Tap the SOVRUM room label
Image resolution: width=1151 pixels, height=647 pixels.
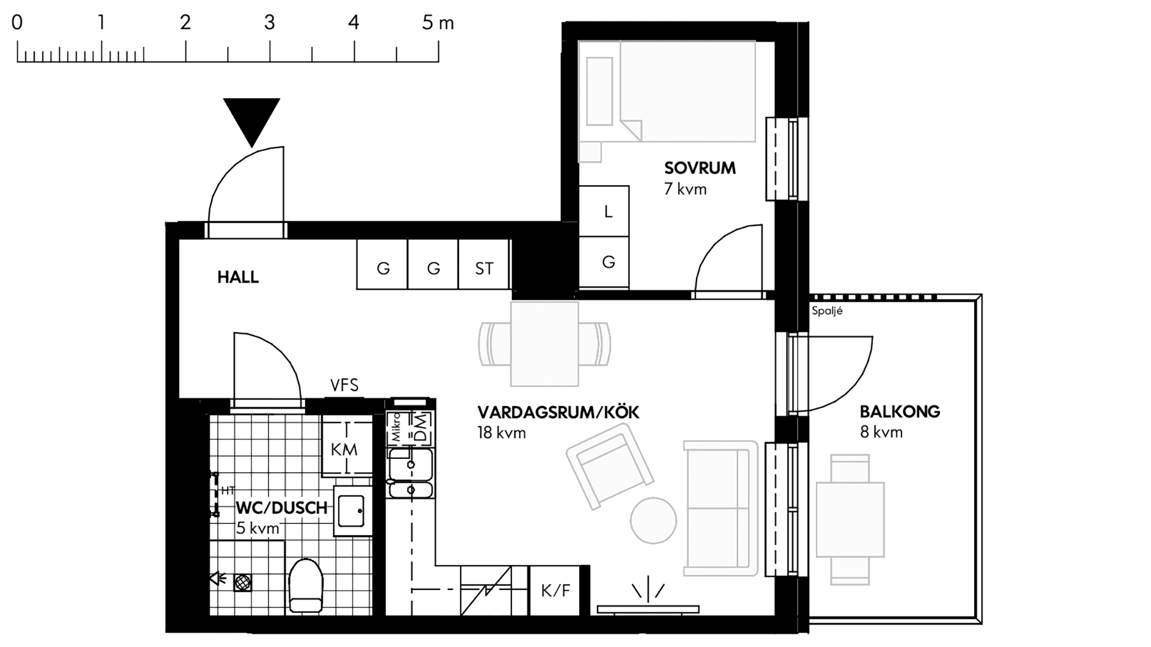pyautogui.click(x=700, y=168)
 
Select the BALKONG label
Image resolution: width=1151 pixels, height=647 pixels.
pyautogui.click(x=900, y=412)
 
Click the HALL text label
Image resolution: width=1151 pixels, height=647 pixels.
pyautogui.click(x=238, y=277)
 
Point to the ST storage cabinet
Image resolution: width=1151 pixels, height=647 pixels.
pyautogui.click(x=484, y=264)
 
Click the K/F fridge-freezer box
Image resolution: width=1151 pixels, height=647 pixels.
pyautogui.click(x=555, y=591)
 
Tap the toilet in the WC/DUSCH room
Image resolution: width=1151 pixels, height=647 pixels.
pyautogui.click(x=306, y=585)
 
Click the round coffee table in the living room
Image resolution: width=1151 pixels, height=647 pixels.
pyautogui.click(x=653, y=521)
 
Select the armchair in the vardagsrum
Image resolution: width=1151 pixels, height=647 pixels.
pyautogui.click(x=610, y=466)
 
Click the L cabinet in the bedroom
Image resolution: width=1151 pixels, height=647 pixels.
pyautogui.click(x=604, y=211)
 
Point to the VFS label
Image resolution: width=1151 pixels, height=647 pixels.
pyautogui.click(x=344, y=385)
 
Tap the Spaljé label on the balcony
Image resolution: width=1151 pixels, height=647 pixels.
pyautogui.click(x=827, y=311)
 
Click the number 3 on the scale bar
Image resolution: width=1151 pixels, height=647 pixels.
pyautogui.click(x=270, y=23)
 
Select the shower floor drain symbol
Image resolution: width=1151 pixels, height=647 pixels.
pyautogui.click(x=242, y=582)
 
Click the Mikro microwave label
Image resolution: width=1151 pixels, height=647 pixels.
pyautogui.click(x=396, y=427)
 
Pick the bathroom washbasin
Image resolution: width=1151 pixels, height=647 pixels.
pyautogui.click(x=352, y=510)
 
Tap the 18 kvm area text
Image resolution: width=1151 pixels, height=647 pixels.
pyautogui.click(x=502, y=433)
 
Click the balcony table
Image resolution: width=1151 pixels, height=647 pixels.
pyautogui.click(x=850, y=519)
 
